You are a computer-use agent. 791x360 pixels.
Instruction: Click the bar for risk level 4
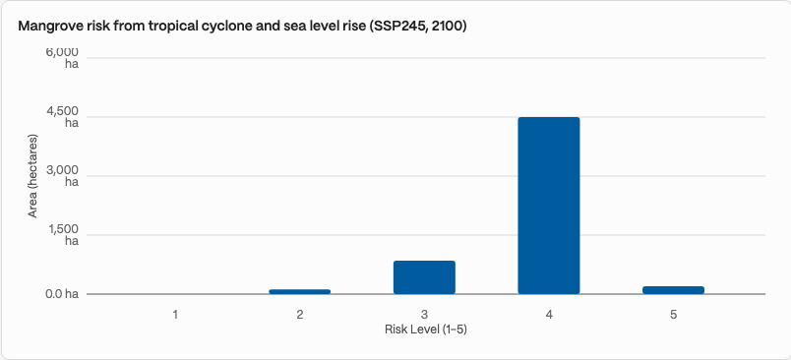coord(549,206)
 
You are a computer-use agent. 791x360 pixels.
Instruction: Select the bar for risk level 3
coord(424,277)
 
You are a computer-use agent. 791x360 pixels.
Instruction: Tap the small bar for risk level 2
coord(300,291)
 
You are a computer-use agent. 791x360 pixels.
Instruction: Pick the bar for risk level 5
coord(674,290)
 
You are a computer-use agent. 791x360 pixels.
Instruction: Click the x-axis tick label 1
coord(175,315)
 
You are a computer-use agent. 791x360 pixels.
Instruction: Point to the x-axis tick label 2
coord(300,315)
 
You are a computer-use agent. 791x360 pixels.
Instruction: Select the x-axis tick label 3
coord(424,315)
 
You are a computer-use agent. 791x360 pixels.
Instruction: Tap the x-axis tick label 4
coord(549,315)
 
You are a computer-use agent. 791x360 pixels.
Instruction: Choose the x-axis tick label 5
coord(674,315)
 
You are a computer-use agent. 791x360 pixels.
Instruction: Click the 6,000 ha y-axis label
coord(63,58)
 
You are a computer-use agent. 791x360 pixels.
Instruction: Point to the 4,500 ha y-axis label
coord(63,117)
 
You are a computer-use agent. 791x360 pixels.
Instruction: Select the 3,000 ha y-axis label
coord(63,176)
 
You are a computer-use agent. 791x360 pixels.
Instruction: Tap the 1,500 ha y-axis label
coord(64,235)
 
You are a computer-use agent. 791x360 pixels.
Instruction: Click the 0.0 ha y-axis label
coord(62,294)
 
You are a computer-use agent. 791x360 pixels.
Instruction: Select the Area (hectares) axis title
coord(32,176)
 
